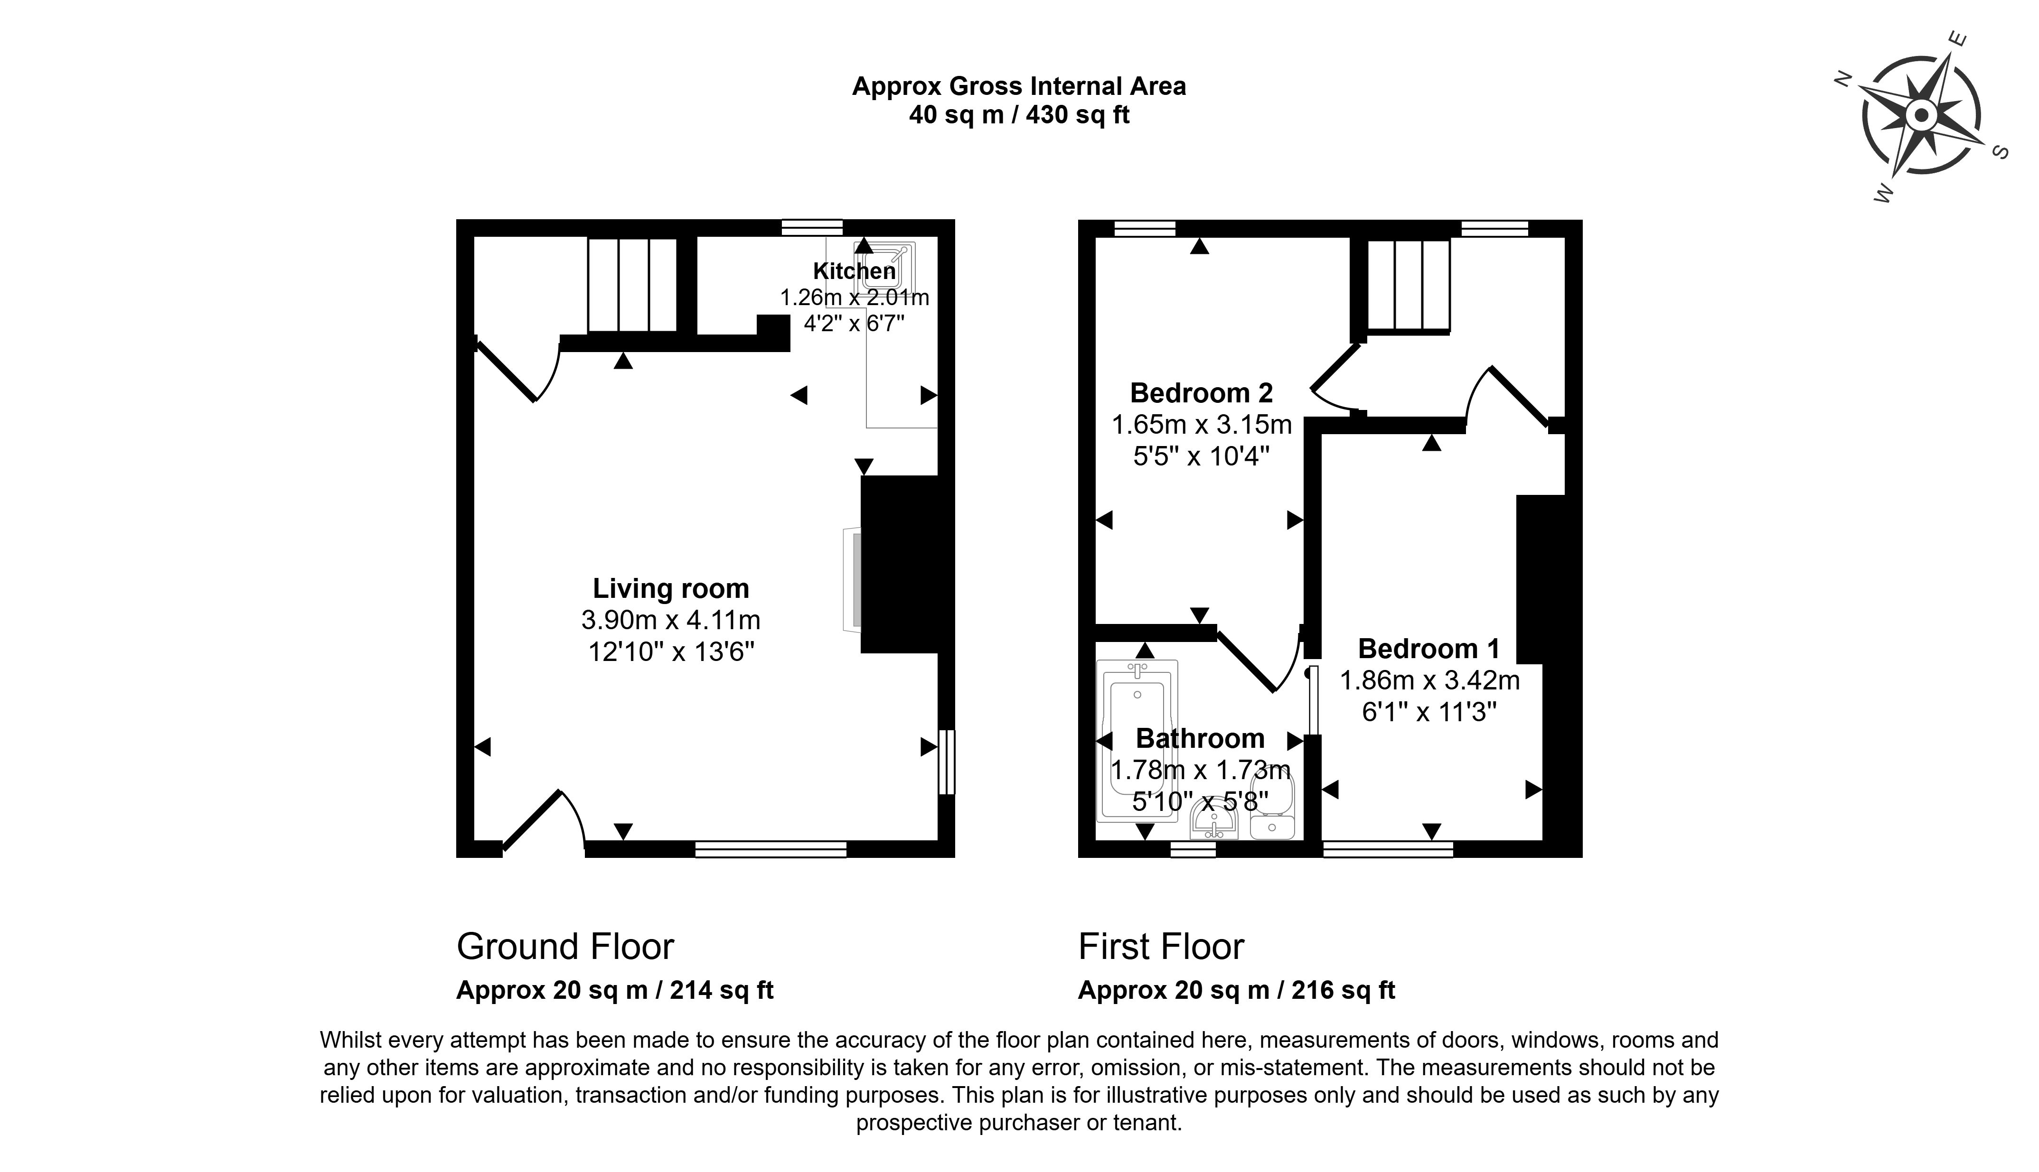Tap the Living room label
671,588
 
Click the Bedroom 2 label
1201,393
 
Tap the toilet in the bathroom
1272,805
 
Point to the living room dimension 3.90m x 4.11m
671,620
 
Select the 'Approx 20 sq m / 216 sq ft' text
1236,990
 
